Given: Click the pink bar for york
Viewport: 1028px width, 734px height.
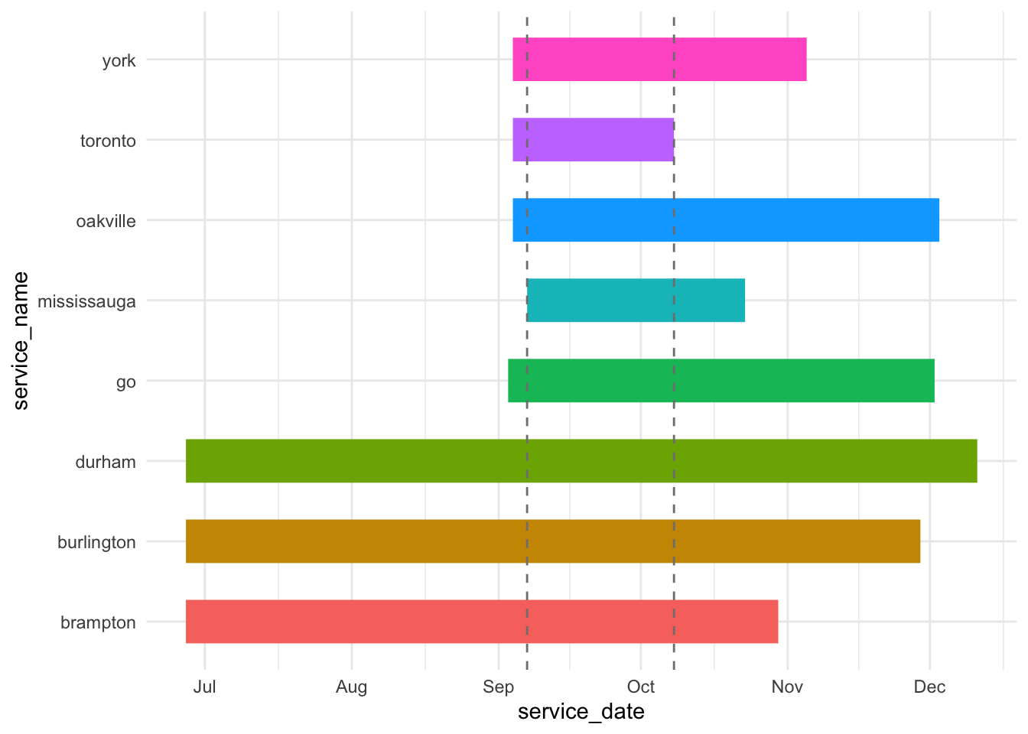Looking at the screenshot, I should (x=659, y=59).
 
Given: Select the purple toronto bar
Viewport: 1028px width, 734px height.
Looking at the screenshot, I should (x=593, y=140).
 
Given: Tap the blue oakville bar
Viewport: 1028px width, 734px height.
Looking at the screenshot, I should (x=725, y=220).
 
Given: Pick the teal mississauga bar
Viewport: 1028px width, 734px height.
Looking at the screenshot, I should (x=636, y=300).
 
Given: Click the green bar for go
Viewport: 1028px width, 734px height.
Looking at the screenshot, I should (x=721, y=381).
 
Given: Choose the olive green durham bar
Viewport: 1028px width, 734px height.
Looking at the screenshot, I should (x=581, y=461).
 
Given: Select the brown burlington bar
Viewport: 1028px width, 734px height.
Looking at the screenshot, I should (x=552, y=541).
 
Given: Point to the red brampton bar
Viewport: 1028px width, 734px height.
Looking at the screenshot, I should (x=482, y=622).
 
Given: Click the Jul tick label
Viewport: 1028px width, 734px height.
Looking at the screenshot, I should (x=205, y=687).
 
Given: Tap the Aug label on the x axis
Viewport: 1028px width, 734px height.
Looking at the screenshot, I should (x=351, y=687).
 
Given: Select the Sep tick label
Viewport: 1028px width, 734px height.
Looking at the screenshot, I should (x=499, y=687).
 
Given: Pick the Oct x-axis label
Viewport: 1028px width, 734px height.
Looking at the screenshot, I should (x=641, y=687).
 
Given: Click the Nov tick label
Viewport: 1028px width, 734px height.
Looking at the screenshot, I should (x=787, y=687).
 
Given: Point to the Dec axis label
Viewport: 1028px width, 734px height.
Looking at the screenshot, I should (x=930, y=687).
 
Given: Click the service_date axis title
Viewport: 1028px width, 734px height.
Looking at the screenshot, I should (x=581, y=712).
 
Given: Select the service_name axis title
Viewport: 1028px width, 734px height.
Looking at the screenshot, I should (x=21, y=341).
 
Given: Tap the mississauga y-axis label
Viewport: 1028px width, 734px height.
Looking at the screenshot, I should (x=86, y=301).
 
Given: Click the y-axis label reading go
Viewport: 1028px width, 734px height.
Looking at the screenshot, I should (x=126, y=382).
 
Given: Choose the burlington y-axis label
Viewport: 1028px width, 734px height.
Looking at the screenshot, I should (x=96, y=542).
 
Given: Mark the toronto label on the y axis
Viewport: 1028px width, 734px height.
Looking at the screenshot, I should (x=108, y=141).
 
